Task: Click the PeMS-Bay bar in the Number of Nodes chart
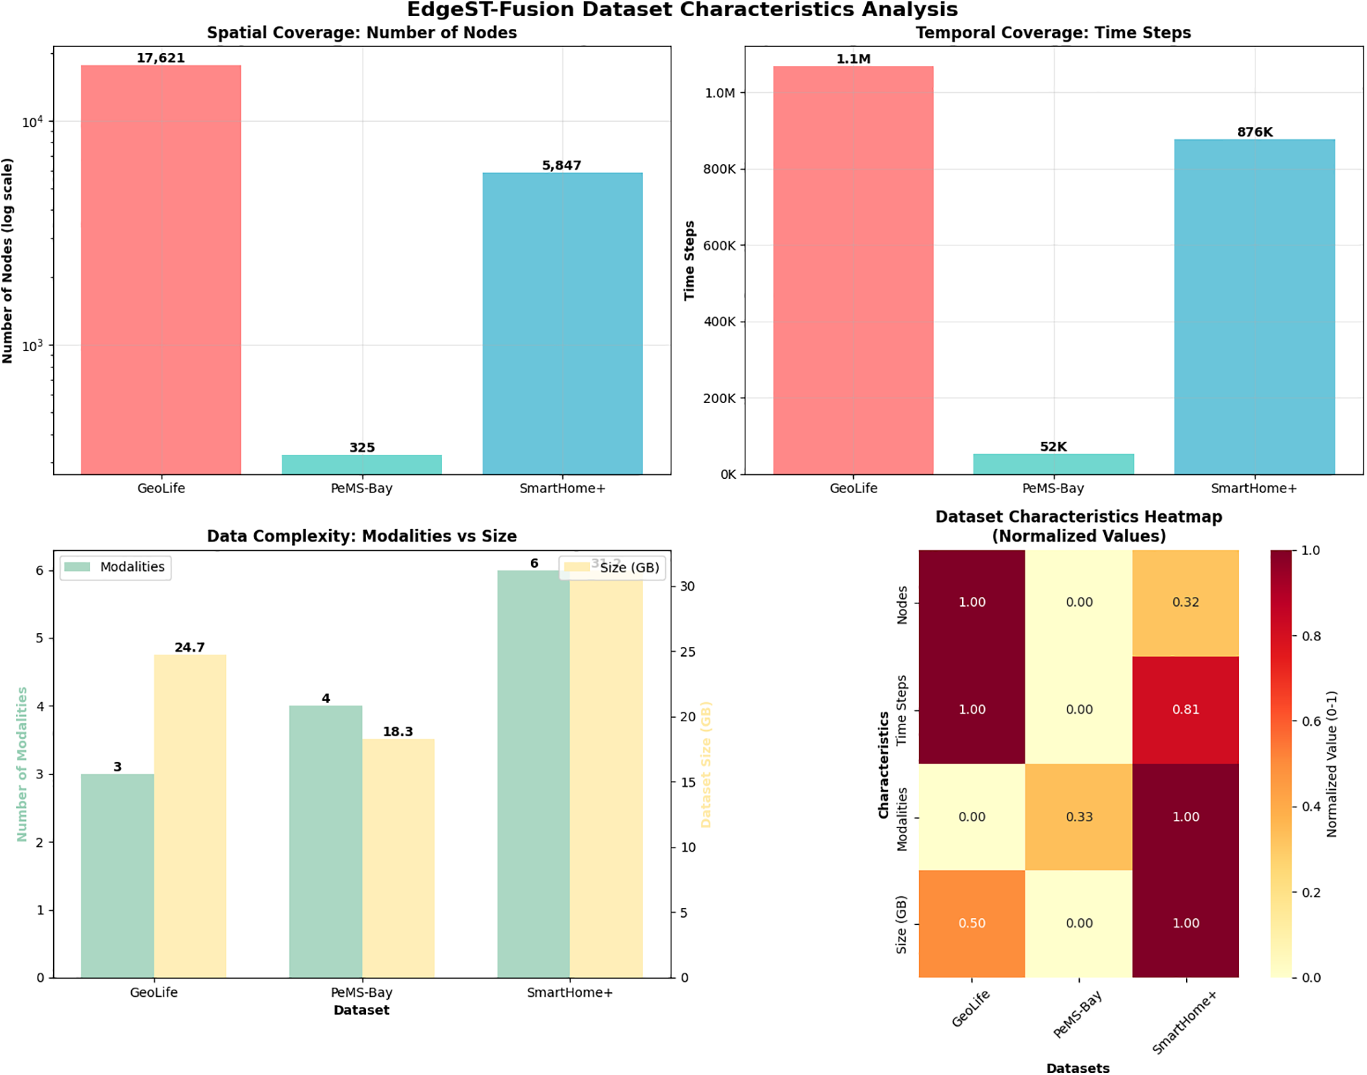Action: point(361,464)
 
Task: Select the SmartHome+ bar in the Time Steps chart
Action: point(1254,306)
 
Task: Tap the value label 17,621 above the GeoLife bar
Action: point(160,58)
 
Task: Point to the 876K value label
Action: point(1254,132)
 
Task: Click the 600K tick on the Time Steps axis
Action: point(719,246)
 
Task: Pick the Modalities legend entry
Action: point(115,567)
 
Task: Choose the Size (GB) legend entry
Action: point(612,568)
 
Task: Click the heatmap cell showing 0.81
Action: point(1185,709)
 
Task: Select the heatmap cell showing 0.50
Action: point(971,923)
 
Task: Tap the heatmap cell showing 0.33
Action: point(1078,817)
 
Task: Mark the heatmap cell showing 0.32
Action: point(1185,602)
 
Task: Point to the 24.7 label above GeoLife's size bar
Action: point(189,647)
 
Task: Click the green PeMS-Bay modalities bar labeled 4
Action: point(326,841)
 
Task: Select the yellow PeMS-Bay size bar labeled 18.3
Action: point(398,858)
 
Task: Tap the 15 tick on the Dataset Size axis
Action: point(688,782)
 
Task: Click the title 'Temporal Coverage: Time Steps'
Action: point(1053,33)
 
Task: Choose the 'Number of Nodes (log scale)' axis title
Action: point(8,260)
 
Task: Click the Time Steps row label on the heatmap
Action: point(901,709)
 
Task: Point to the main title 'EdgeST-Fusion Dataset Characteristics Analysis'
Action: point(682,10)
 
